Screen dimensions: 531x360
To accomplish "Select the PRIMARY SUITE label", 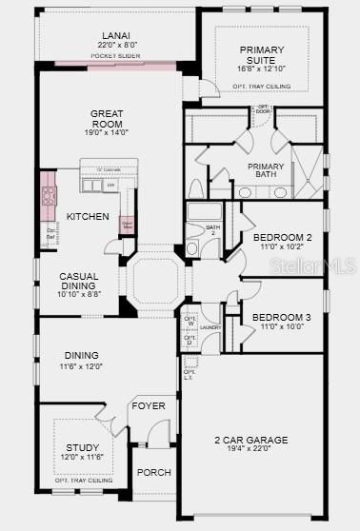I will click(x=262, y=55).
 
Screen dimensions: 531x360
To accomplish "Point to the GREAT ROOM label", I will click(x=107, y=119).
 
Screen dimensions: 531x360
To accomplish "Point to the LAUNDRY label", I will click(x=210, y=327).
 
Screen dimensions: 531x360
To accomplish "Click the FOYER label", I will click(x=149, y=405).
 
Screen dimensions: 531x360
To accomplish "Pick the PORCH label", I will click(x=153, y=473).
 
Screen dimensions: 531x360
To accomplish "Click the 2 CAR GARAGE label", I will click(x=251, y=440).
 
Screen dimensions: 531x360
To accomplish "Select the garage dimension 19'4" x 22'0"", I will click(x=251, y=449).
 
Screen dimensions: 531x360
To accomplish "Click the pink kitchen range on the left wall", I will click(x=49, y=197).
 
